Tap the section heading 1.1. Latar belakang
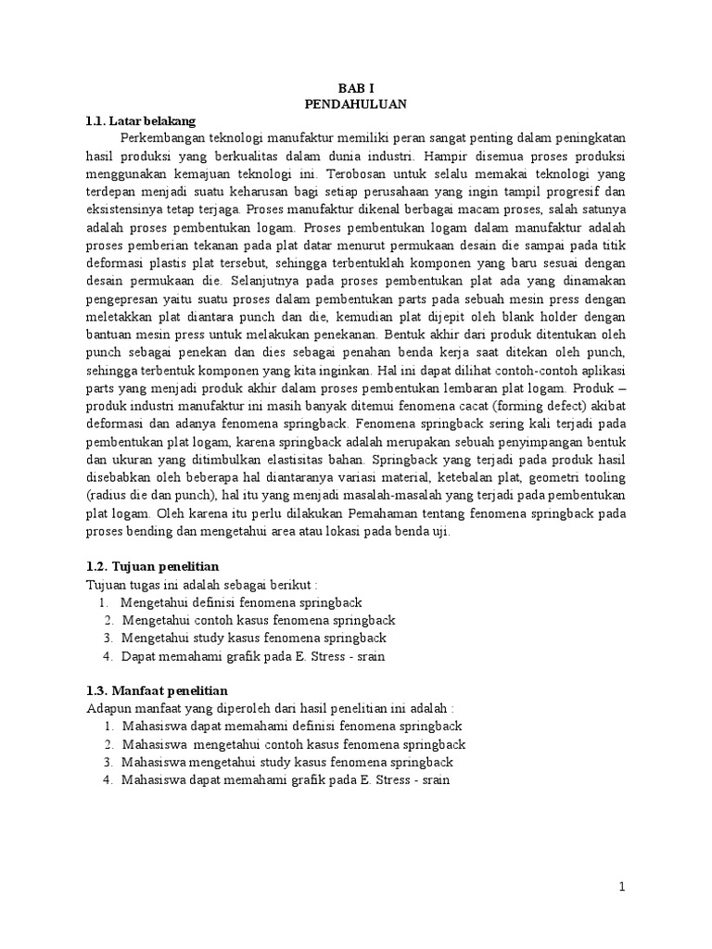pos(140,121)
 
